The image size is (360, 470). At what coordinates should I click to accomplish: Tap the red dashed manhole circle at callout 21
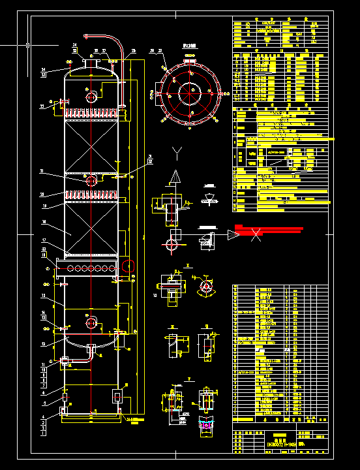91,180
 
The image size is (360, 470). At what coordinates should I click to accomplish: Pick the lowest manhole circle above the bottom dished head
91,322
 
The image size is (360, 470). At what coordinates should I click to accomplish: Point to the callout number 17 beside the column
44,241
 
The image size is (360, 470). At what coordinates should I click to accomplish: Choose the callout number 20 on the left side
42,195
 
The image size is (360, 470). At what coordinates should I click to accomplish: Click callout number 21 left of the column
42,172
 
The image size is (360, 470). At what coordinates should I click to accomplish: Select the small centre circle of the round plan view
190,93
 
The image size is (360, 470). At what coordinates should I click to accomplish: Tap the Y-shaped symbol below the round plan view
176,153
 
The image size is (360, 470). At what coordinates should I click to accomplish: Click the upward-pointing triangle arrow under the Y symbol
175,177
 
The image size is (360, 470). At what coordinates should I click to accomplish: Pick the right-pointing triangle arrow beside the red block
233,234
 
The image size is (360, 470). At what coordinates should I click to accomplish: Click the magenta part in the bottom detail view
207,426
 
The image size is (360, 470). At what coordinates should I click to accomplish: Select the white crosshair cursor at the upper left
27,45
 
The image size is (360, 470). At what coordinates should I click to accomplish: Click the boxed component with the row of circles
87,267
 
